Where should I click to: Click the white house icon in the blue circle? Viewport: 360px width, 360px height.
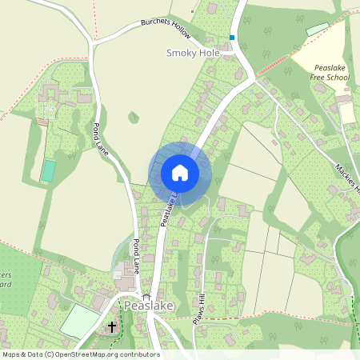[180, 173]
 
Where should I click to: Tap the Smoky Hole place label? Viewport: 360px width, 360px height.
[192, 53]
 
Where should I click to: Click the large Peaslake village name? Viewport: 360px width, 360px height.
[148, 306]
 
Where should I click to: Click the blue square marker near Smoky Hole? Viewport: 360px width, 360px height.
[232, 37]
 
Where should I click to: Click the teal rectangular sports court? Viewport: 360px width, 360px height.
[49, 170]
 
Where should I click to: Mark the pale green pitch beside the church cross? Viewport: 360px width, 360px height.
[78, 320]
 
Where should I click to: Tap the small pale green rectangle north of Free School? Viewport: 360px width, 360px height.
[318, 29]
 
